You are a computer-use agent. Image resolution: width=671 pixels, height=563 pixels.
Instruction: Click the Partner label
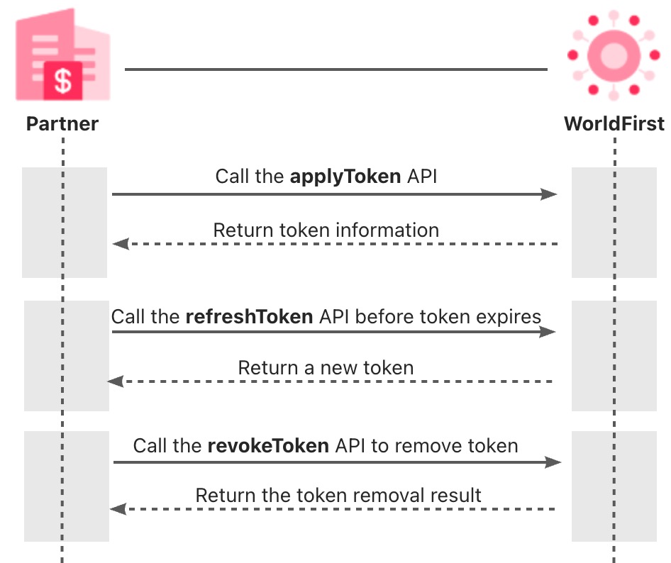point(62,124)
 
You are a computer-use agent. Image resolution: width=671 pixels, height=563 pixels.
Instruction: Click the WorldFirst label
point(614,124)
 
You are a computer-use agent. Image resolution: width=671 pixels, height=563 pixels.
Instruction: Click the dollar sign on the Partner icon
point(63,80)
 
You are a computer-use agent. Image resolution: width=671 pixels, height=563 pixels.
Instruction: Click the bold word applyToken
point(346,176)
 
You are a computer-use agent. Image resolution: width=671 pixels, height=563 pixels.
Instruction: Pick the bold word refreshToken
point(249,316)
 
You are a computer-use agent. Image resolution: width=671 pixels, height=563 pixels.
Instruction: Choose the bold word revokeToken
point(268,446)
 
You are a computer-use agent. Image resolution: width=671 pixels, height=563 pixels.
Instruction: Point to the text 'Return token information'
point(326,230)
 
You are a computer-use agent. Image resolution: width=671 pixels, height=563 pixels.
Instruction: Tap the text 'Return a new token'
point(326,368)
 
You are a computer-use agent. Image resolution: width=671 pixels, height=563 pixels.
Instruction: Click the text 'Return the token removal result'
point(338,495)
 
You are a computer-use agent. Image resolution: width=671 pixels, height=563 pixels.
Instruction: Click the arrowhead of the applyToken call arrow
point(550,194)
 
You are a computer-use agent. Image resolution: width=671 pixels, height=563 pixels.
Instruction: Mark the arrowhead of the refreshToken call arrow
point(548,331)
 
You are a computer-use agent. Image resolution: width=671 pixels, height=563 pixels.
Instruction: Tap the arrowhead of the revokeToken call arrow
point(554,462)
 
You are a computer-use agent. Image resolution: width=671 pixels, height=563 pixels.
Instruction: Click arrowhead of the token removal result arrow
point(118,508)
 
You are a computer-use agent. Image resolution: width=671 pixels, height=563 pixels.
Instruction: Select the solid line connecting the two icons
point(336,69)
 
